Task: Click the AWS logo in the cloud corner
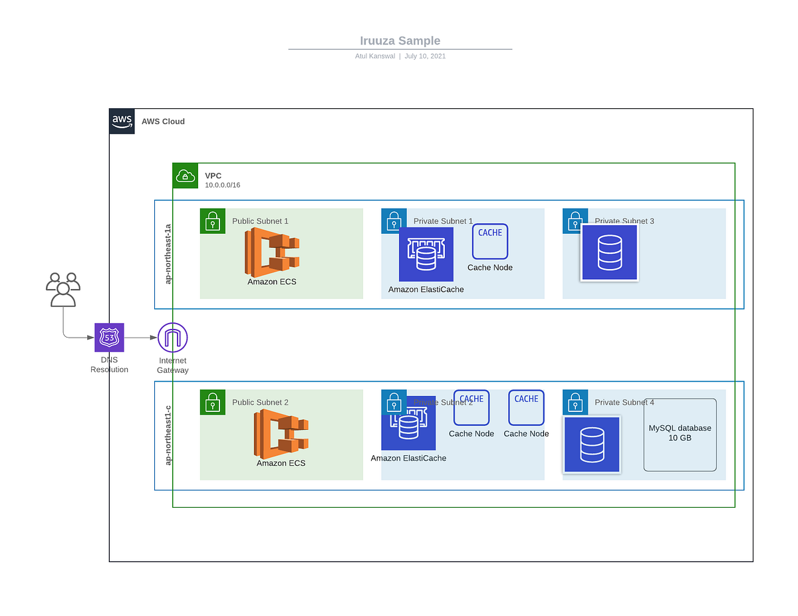[122, 122]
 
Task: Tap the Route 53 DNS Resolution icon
[109, 338]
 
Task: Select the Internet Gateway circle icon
[173, 338]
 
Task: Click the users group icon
[63, 290]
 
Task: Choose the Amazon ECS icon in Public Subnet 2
[281, 433]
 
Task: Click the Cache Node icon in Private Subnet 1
[490, 241]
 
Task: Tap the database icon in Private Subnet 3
[610, 253]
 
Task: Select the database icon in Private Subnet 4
[592, 445]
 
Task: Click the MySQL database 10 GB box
[680, 435]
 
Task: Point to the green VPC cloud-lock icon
[186, 176]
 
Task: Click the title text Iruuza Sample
[400, 41]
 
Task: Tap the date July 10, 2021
[425, 56]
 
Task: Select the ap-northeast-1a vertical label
[168, 255]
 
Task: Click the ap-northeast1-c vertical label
[168, 435]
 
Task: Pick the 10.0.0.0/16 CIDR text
[222, 185]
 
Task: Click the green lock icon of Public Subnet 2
[213, 403]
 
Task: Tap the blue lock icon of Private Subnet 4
[575, 403]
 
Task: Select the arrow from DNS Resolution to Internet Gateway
[140, 338]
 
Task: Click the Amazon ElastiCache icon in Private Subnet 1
[426, 255]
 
